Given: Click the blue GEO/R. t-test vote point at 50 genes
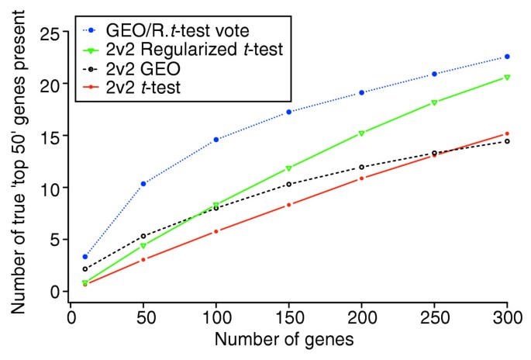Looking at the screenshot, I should point(122,184).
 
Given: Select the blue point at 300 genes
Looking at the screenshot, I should point(507,57).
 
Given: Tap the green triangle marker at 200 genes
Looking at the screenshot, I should point(362,133).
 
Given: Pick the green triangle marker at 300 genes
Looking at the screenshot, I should point(507,78).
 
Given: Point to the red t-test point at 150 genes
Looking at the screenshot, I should point(288,205).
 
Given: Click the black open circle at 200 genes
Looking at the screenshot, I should point(362,167).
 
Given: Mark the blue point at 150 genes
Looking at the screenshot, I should point(288,112).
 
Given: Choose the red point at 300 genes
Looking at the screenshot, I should point(507,133).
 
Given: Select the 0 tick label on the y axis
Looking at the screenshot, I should point(53,291).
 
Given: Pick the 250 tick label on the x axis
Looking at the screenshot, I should point(435,317).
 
